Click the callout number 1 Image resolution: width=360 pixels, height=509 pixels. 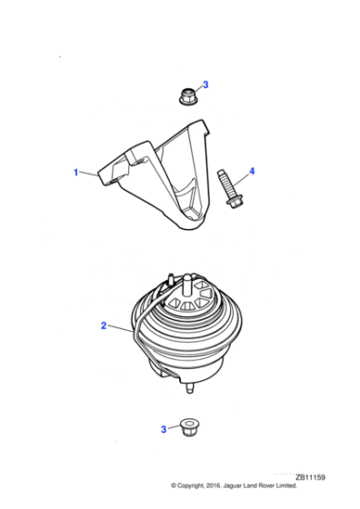click(x=76, y=171)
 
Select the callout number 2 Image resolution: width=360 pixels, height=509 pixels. click(x=104, y=324)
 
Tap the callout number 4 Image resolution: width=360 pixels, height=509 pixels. click(x=252, y=170)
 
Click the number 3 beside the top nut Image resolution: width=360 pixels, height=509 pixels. click(x=205, y=85)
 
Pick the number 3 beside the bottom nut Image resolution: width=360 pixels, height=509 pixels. click(x=164, y=428)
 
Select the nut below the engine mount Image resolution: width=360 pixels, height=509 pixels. click(x=188, y=425)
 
